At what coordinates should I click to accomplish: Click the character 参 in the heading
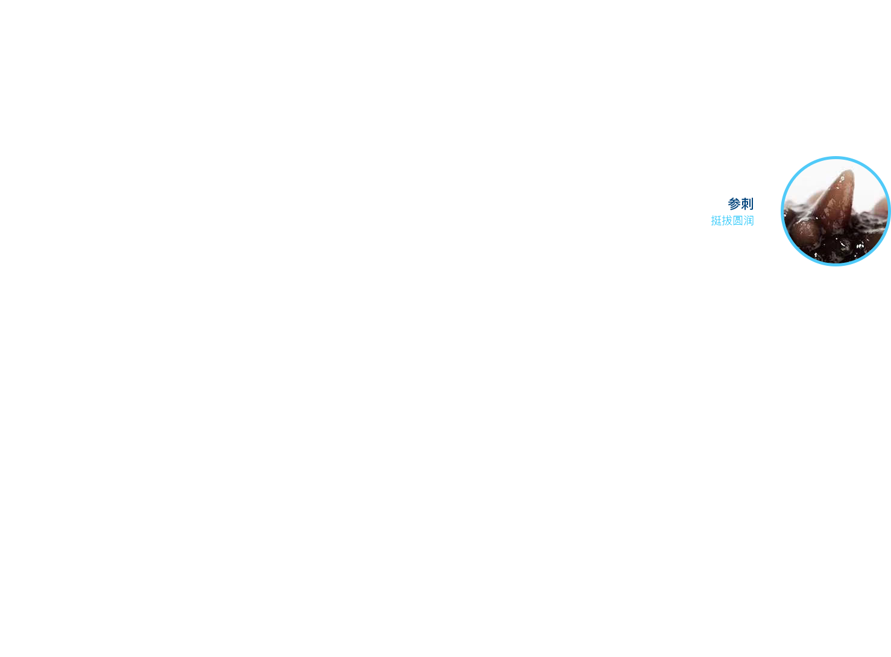pyautogui.click(x=734, y=204)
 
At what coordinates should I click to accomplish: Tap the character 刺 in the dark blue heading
pyautogui.click(x=748, y=204)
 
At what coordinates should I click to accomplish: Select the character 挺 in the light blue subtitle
pyautogui.click(x=716, y=221)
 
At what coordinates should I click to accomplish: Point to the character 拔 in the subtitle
pyautogui.click(x=727, y=221)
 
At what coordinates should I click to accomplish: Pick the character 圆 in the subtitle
pyautogui.click(x=738, y=221)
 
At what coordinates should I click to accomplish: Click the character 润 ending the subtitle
pyautogui.click(x=749, y=221)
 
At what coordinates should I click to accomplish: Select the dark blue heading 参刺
pyautogui.click(x=741, y=204)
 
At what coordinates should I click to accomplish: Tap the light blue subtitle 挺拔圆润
pyautogui.click(x=732, y=221)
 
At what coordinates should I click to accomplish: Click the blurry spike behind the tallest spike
pyautogui.click(x=817, y=198)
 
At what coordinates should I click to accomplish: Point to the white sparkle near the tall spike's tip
pyautogui.click(x=842, y=179)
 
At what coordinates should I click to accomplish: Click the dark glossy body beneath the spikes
pyautogui.click(x=839, y=247)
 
